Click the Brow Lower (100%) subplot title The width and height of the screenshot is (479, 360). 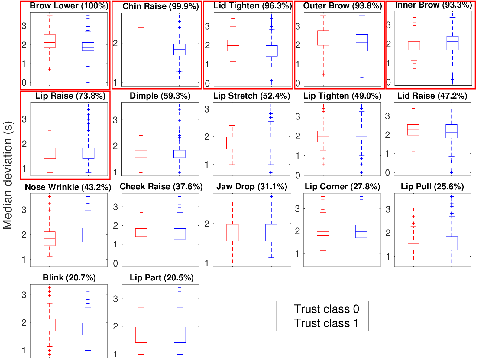pyautogui.click(x=69, y=6)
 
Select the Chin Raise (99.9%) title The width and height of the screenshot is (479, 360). pyautogui.click(x=160, y=6)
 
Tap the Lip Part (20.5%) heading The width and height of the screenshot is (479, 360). pyautogui.click(x=162, y=278)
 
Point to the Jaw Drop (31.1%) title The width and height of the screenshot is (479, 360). pyautogui.click(x=252, y=187)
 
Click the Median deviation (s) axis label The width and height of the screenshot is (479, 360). pyautogui.click(x=8, y=175)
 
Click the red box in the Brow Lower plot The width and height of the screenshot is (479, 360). pyautogui.click(x=50, y=41)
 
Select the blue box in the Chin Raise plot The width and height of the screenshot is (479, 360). pyautogui.click(x=180, y=50)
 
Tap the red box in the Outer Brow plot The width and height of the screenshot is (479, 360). pyautogui.click(x=323, y=38)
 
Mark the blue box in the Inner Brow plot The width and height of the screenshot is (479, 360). pyautogui.click(x=452, y=43)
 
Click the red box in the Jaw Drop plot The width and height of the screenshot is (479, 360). pyautogui.click(x=232, y=233)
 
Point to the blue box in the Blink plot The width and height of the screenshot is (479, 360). pyautogui.click(x=88, y=329)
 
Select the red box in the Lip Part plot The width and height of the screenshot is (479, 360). pyautogui.click(x=141, y=335)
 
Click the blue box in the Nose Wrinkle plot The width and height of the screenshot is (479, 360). pyautogui.click(x=88, y=235)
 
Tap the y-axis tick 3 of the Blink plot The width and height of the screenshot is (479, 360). pyautogui.click(x=24, y=295)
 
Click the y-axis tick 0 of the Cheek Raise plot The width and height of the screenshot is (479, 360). pyautogui.click(x=115, y=264)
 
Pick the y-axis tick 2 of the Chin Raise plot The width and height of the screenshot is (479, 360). pyautogui.click(x=115, y=44)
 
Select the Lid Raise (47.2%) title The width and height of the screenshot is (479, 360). pyautogui.click(x=432, y=96)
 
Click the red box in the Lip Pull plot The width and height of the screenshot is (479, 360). pyautogui.click(x=413, y=245)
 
